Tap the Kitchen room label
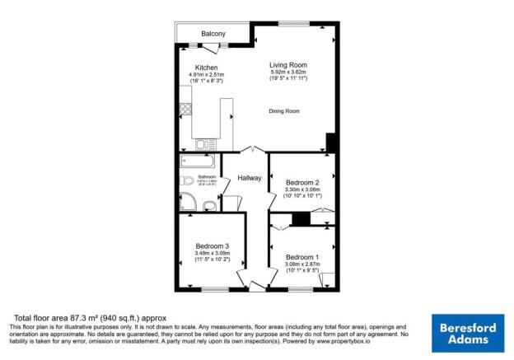click(206, 68)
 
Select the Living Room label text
click(288, 64)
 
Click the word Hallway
click(250, 178)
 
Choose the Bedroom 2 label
click(301, 182)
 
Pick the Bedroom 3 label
click(212, 245)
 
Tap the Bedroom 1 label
click(301, 256)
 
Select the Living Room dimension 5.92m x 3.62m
click(288, 72)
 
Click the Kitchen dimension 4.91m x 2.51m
click(206, 75)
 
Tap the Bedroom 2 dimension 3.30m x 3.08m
click(301, 190)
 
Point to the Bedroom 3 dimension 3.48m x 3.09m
click(212, 253)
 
